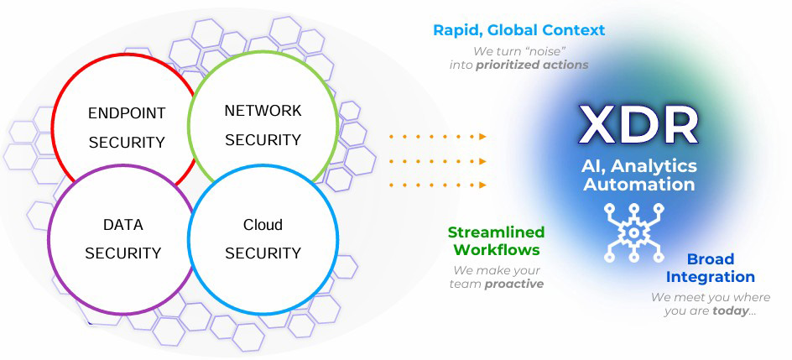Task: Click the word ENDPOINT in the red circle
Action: tap(127, 113)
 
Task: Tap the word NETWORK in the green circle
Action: tap(263, 111)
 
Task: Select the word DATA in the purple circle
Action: tap(122, 225)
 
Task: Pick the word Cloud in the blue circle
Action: tap(263, 225)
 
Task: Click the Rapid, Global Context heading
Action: tap(518, 30)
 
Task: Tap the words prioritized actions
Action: tap(532, 65)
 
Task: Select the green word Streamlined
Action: tap(496, 232)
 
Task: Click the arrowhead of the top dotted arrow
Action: tap(482, 135)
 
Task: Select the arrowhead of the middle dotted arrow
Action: tap(482, 159)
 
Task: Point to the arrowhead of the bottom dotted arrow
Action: tap(482, 185)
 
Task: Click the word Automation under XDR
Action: tap(639, 184)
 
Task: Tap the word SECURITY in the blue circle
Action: tap(263, 253)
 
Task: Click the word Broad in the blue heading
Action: tap(711, 258)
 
